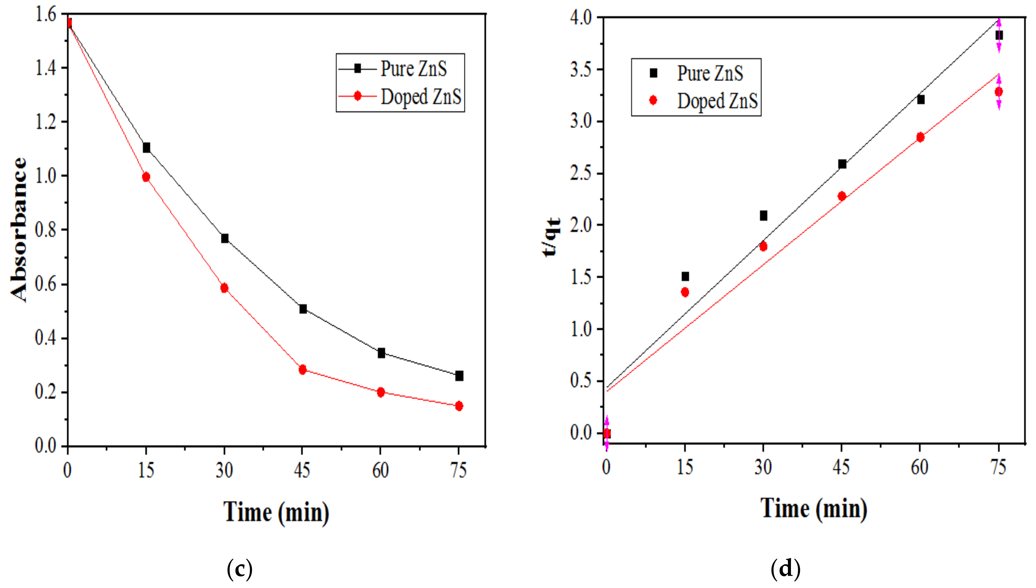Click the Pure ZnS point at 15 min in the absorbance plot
pos(146,147)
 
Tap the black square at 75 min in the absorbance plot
pos(459,376)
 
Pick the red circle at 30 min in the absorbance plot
pos(224,288)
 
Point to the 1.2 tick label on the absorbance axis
pos(45,122)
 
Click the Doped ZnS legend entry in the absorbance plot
pos(420,97)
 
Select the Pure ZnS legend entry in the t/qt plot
pos(710,73)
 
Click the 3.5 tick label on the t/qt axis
pos(580,70)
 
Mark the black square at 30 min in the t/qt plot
pos(763,216)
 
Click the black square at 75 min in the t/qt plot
pos(999,36)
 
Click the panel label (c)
pos(240,569)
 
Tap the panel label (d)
pos(785,569)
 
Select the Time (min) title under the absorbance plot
pos(276,512)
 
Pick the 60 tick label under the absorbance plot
pos(380,470)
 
